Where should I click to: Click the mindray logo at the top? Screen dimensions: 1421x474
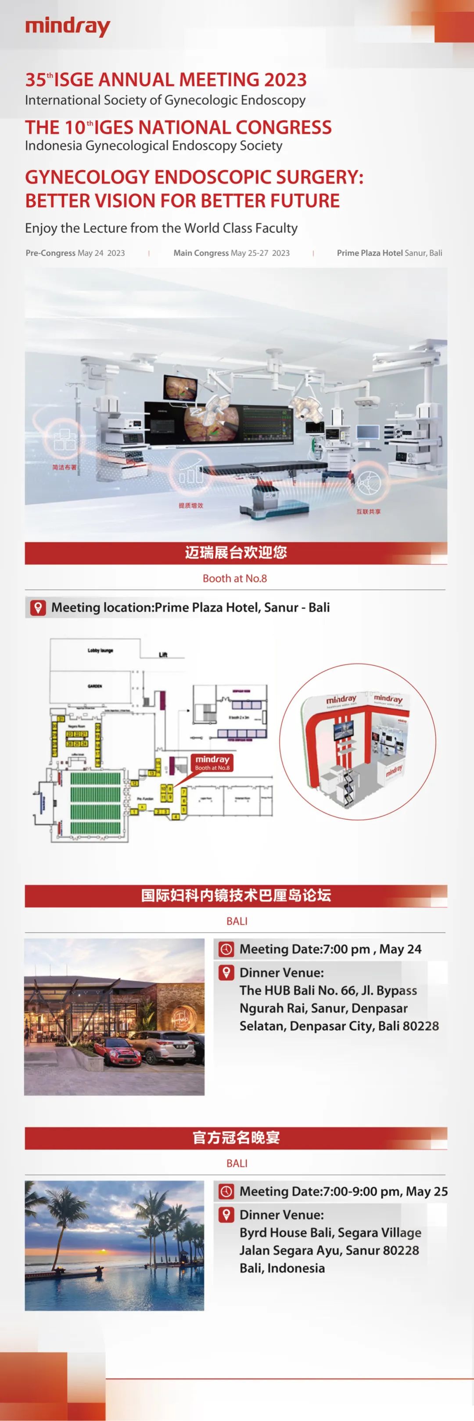point(67,26)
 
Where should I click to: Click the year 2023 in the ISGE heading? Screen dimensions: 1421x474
point(285,80)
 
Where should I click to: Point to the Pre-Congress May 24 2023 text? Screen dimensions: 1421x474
point(75,253)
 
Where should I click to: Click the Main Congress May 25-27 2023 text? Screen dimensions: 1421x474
point(231,253)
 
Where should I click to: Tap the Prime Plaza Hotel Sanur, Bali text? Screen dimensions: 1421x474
point(389,253)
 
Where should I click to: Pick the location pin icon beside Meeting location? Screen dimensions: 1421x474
point(37,608)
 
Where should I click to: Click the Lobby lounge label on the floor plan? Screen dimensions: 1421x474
point(100,650)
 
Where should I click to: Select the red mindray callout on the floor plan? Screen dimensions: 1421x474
point(212,762)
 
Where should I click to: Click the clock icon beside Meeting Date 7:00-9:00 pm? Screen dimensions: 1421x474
point(226,1191)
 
